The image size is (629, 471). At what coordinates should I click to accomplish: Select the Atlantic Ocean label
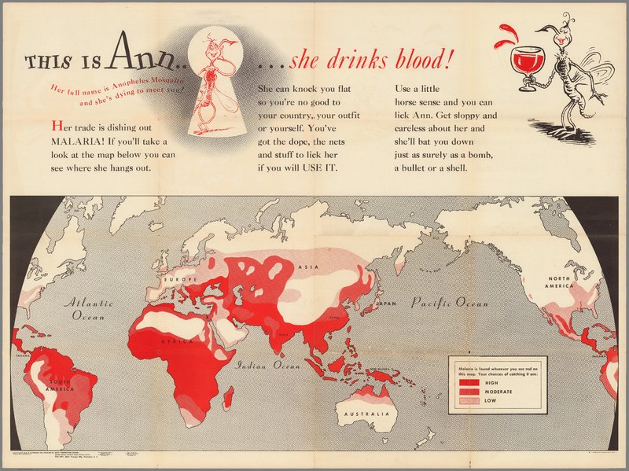89,308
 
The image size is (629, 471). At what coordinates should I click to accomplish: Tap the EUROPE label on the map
180,278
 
